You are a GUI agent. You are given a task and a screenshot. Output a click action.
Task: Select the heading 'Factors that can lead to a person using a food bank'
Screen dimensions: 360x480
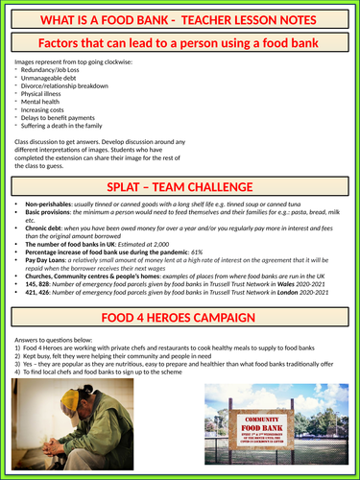(180, 42)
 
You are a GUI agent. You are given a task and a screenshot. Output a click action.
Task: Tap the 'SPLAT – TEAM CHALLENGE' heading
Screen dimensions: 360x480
(180, 182)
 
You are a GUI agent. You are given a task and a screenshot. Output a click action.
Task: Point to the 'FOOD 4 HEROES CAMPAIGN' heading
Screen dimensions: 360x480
(180, 317)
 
